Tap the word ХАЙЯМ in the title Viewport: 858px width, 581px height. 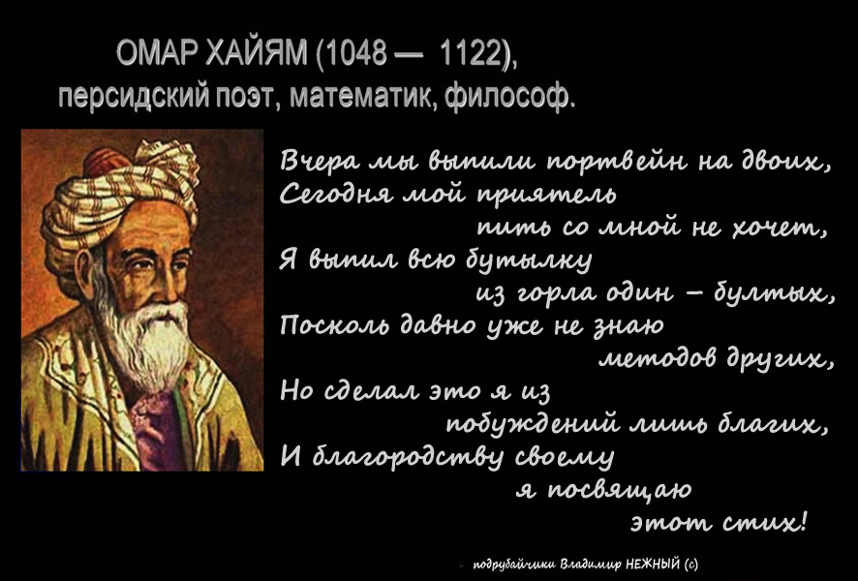(x=257, y=54)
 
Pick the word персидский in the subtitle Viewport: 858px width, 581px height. (x=133, y=98)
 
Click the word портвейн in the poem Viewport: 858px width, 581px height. (x=617, y=162)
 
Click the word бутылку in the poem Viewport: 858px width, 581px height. (x=529, y=260)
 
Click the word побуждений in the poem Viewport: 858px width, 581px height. (x=533, y=424)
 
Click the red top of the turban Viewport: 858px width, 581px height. (x=105, y=162)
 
